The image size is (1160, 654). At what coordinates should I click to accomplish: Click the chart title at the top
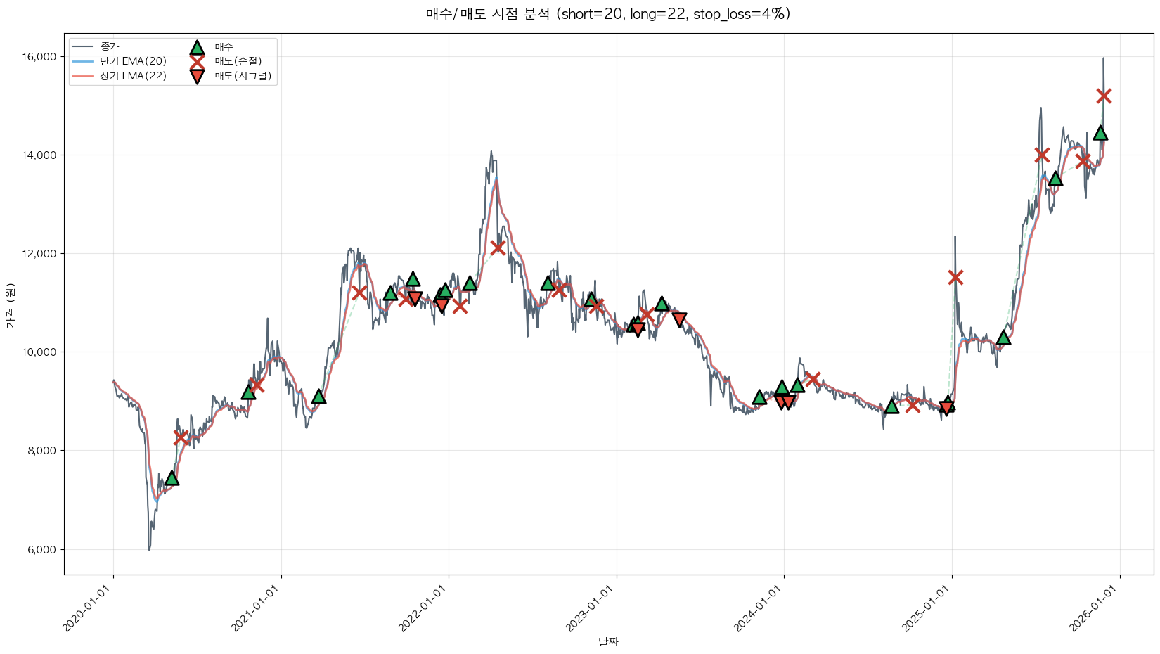(x=608, y=14)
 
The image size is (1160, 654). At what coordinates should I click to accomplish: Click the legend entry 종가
(x=110, y=46)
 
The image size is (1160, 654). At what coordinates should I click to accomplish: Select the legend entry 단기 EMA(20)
(x=133, y=61)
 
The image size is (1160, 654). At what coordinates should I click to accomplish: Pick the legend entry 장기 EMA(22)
(x=133, y=76)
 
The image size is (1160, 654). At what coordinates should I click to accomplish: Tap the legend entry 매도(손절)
(x=243, y=61)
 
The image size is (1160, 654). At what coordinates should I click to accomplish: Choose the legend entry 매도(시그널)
(x=243, y=76)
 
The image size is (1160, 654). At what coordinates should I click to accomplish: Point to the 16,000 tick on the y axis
(x=41, y=57)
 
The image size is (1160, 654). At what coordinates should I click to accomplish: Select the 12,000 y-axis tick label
(x=41, y=254)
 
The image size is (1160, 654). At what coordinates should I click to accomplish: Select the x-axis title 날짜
(x=608, y=641)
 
